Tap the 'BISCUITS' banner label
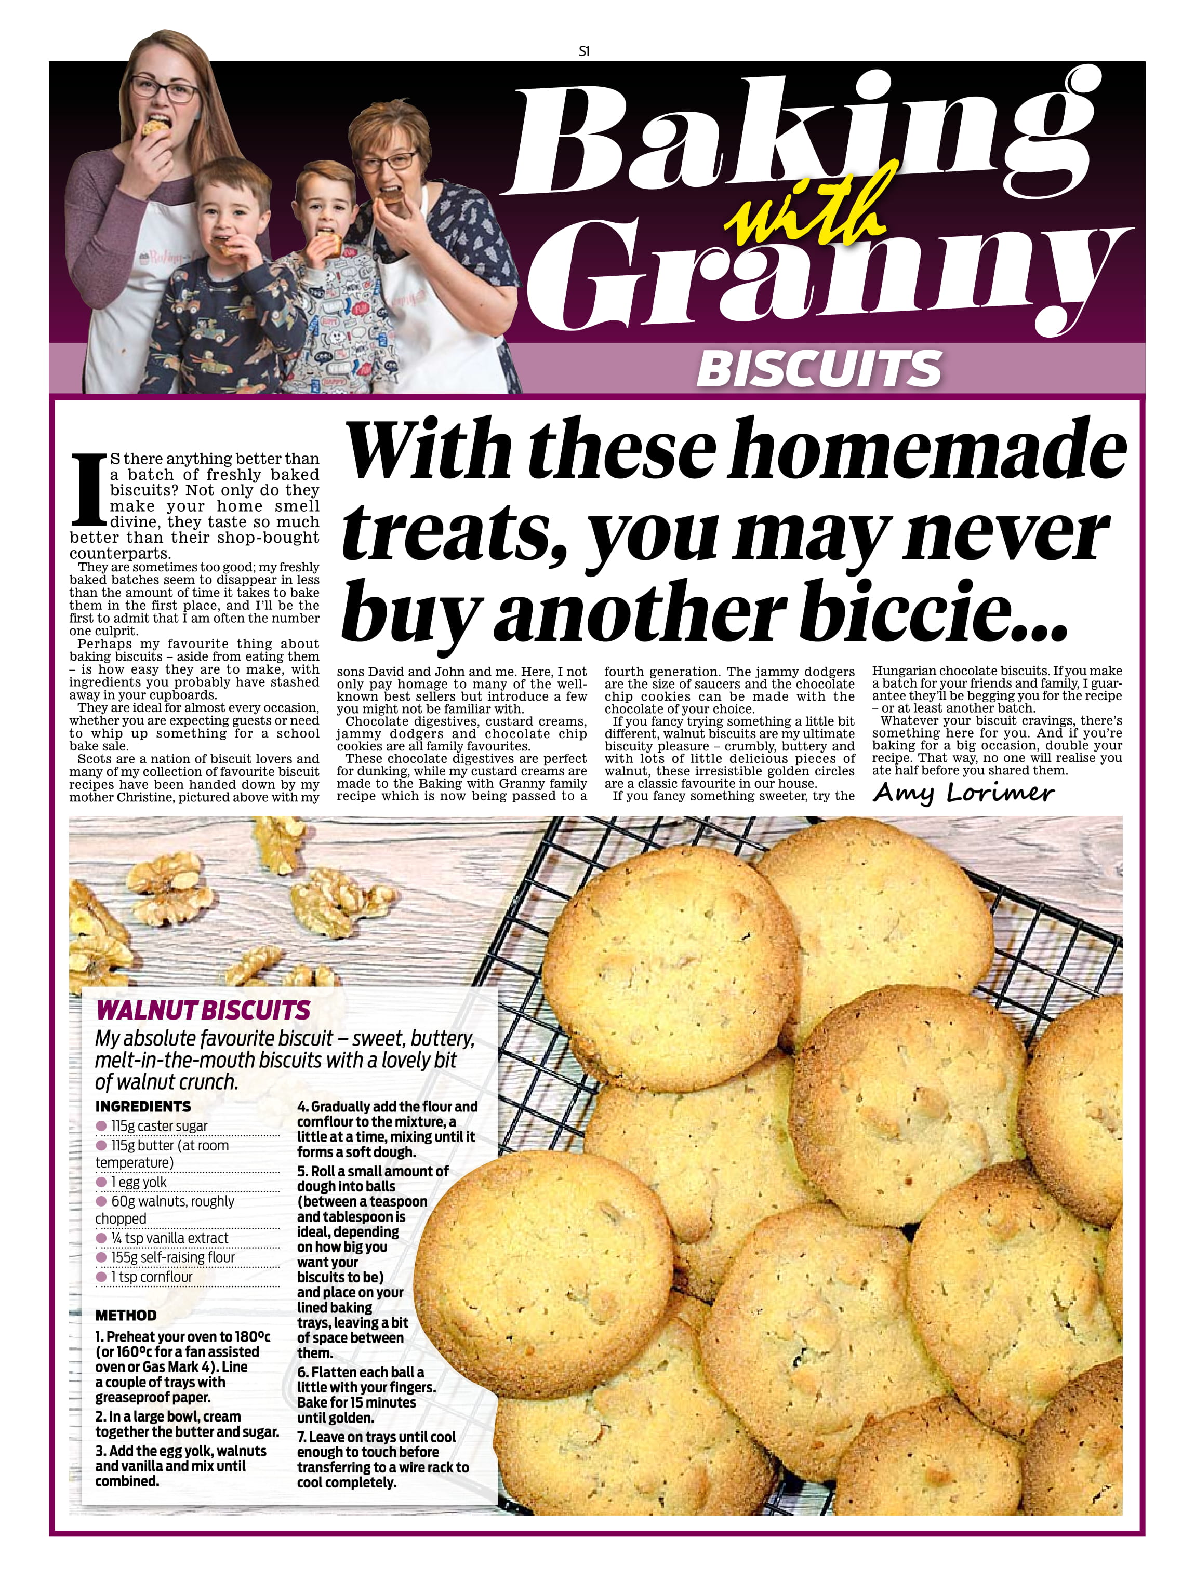[x=818, y=368]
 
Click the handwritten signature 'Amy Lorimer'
[x=963, y=793]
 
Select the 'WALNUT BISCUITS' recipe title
[x=203, y=1010]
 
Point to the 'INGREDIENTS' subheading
[x=143, y=1106]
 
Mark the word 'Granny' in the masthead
[x=822, y=281]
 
